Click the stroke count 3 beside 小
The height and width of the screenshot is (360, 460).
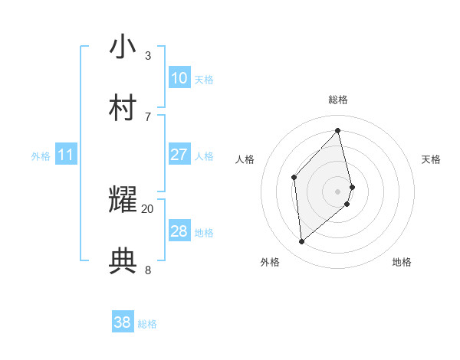click(148, 55)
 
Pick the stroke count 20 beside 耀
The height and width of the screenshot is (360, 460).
click(148, 208)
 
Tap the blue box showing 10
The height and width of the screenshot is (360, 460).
click(179, 78)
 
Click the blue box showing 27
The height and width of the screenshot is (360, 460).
click(179, 155)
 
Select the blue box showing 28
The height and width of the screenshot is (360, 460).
click(179, 231)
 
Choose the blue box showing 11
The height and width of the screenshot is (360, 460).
click(66, 155)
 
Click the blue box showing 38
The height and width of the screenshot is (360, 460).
click(123, 323)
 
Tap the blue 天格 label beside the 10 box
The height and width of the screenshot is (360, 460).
click(204, 79)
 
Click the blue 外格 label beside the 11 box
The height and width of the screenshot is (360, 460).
click(41, 156)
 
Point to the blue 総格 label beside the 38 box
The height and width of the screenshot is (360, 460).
click(147, 324)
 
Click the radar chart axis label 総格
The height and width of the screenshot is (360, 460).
click(338, 100)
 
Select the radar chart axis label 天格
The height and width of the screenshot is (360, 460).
click(432, 159)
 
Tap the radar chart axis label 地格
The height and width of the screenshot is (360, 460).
click(402, 262)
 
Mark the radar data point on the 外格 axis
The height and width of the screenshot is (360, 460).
click(302, 242)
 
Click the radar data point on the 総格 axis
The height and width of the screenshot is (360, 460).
click(338, 130)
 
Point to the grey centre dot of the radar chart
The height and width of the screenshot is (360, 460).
click(338, 190)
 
